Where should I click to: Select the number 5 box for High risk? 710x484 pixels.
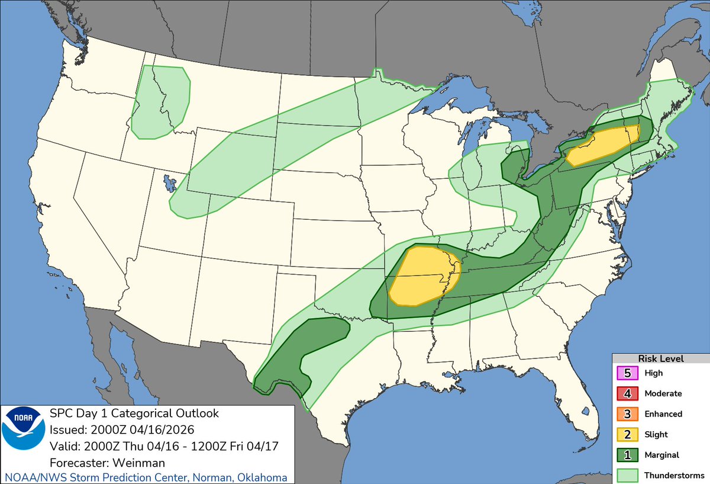(x=628, y=373)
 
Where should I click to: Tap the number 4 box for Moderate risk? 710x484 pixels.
(x=628, y=393)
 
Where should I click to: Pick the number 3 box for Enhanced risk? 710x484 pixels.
(x=628, y=414)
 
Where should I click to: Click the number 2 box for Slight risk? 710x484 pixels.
(x=628, y=434)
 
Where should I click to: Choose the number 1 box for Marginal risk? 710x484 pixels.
(x=628, y=454)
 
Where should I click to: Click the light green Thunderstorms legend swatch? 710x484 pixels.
(x=628, y=475)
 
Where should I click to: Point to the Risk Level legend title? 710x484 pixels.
(x=660, y=358)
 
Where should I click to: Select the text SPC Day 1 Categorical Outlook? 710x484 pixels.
(x=134, y=414)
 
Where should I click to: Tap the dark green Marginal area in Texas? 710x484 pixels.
(x=290, y=361)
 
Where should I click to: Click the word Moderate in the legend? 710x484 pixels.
(x=663, y=393)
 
